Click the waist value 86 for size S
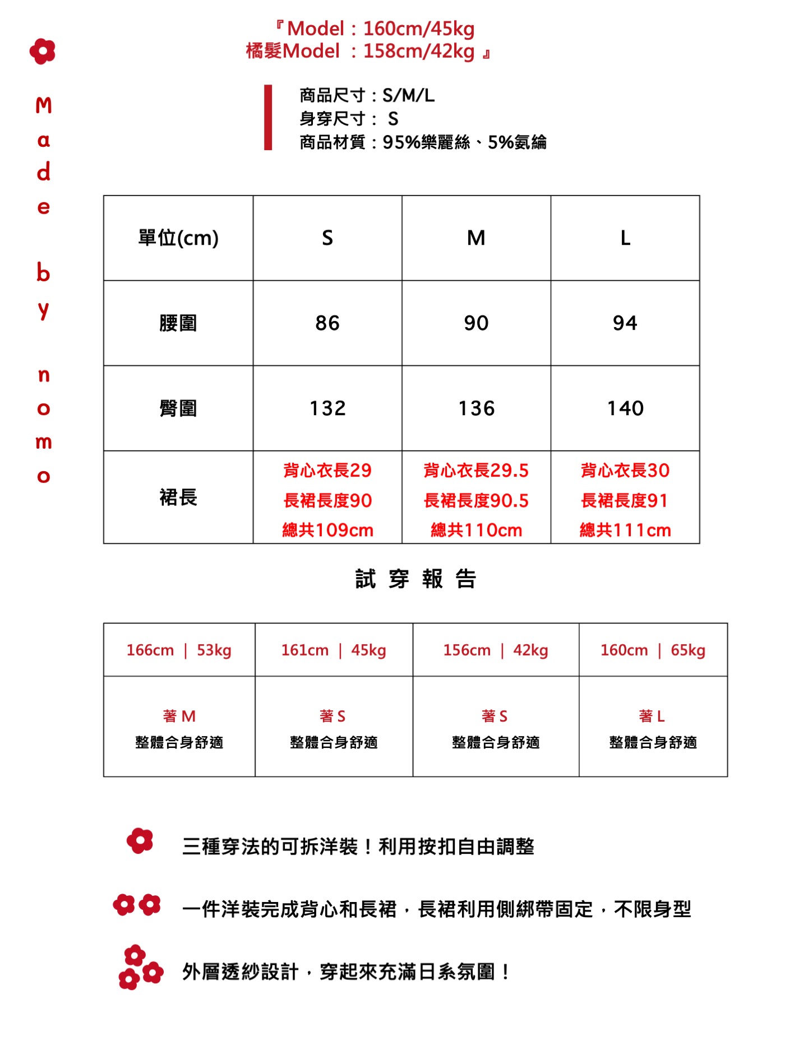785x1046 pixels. [x=327, y=323]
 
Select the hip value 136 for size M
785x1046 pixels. [x=477, y=408]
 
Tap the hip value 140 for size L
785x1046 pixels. [x=625, y=408]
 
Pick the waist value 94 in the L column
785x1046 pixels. [x=625, y=323]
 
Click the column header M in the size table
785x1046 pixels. [x=476, y=238]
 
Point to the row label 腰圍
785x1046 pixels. [x=178, y=323]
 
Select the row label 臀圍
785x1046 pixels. [x=178, y=408]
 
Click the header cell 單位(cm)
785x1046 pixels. [x=178, y=238]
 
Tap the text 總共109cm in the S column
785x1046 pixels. [x=327, y=530]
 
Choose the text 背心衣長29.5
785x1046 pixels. [x=476, y=471]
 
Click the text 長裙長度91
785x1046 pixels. [x=625, y=500]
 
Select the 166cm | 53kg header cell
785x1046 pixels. [x=179, y=650]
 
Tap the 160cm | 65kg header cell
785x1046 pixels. [x=653, y=650]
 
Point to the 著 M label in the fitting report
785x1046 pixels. [x=179, y=716]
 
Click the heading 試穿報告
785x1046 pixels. [x=415, y=579]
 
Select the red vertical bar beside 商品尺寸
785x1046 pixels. [x=268, y=118]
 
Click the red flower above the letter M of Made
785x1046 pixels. [x=43, y=52]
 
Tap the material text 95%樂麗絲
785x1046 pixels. [x=426, y=142]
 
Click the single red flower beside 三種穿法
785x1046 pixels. [x=140, y=841]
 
